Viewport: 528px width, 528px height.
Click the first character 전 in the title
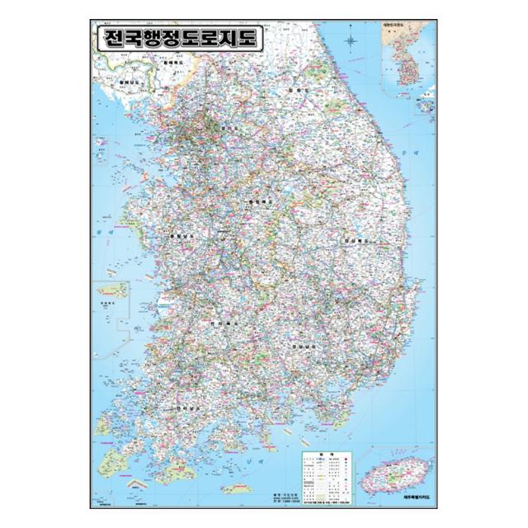pyautogui.click(x=111, y=40)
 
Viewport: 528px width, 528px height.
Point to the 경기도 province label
pyautogui.click(x=229, y=129)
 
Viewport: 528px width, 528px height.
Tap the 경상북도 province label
pyautogui.click(x=355, y=240)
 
